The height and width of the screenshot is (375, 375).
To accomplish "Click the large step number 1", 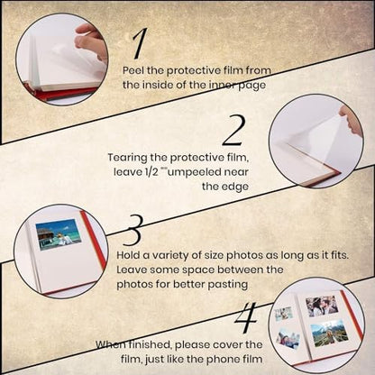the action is [140, 43].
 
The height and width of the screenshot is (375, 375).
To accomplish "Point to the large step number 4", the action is [246, 317].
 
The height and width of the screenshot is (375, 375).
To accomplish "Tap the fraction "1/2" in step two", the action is [149, 172].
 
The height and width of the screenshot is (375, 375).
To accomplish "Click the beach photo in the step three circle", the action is [59, 234].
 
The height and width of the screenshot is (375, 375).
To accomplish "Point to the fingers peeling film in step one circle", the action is [90, 39].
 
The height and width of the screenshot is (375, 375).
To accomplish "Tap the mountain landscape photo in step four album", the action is [329, 334].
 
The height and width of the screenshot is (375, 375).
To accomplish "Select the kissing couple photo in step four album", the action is [322, 306].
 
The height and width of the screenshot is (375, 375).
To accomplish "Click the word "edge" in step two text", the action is [235, 187].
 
